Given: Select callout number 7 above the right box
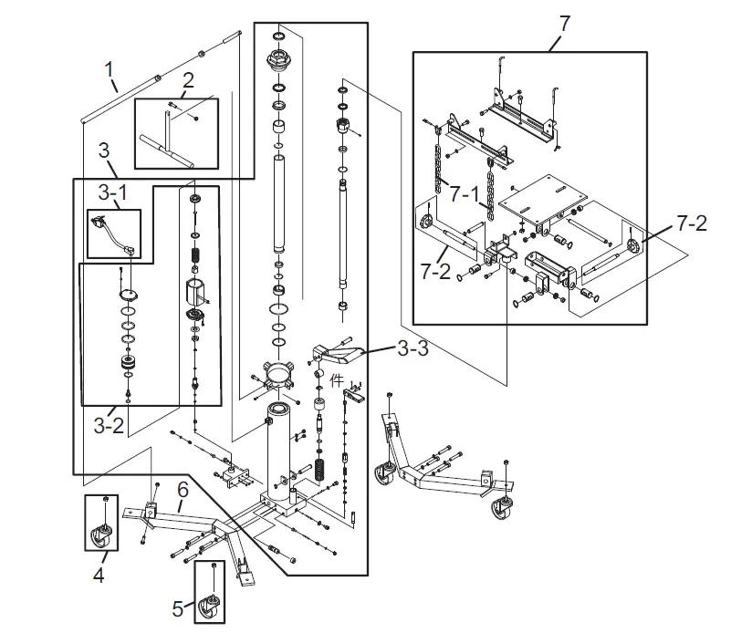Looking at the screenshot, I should coord(563,23).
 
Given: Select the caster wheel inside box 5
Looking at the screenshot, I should coord(212,599).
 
